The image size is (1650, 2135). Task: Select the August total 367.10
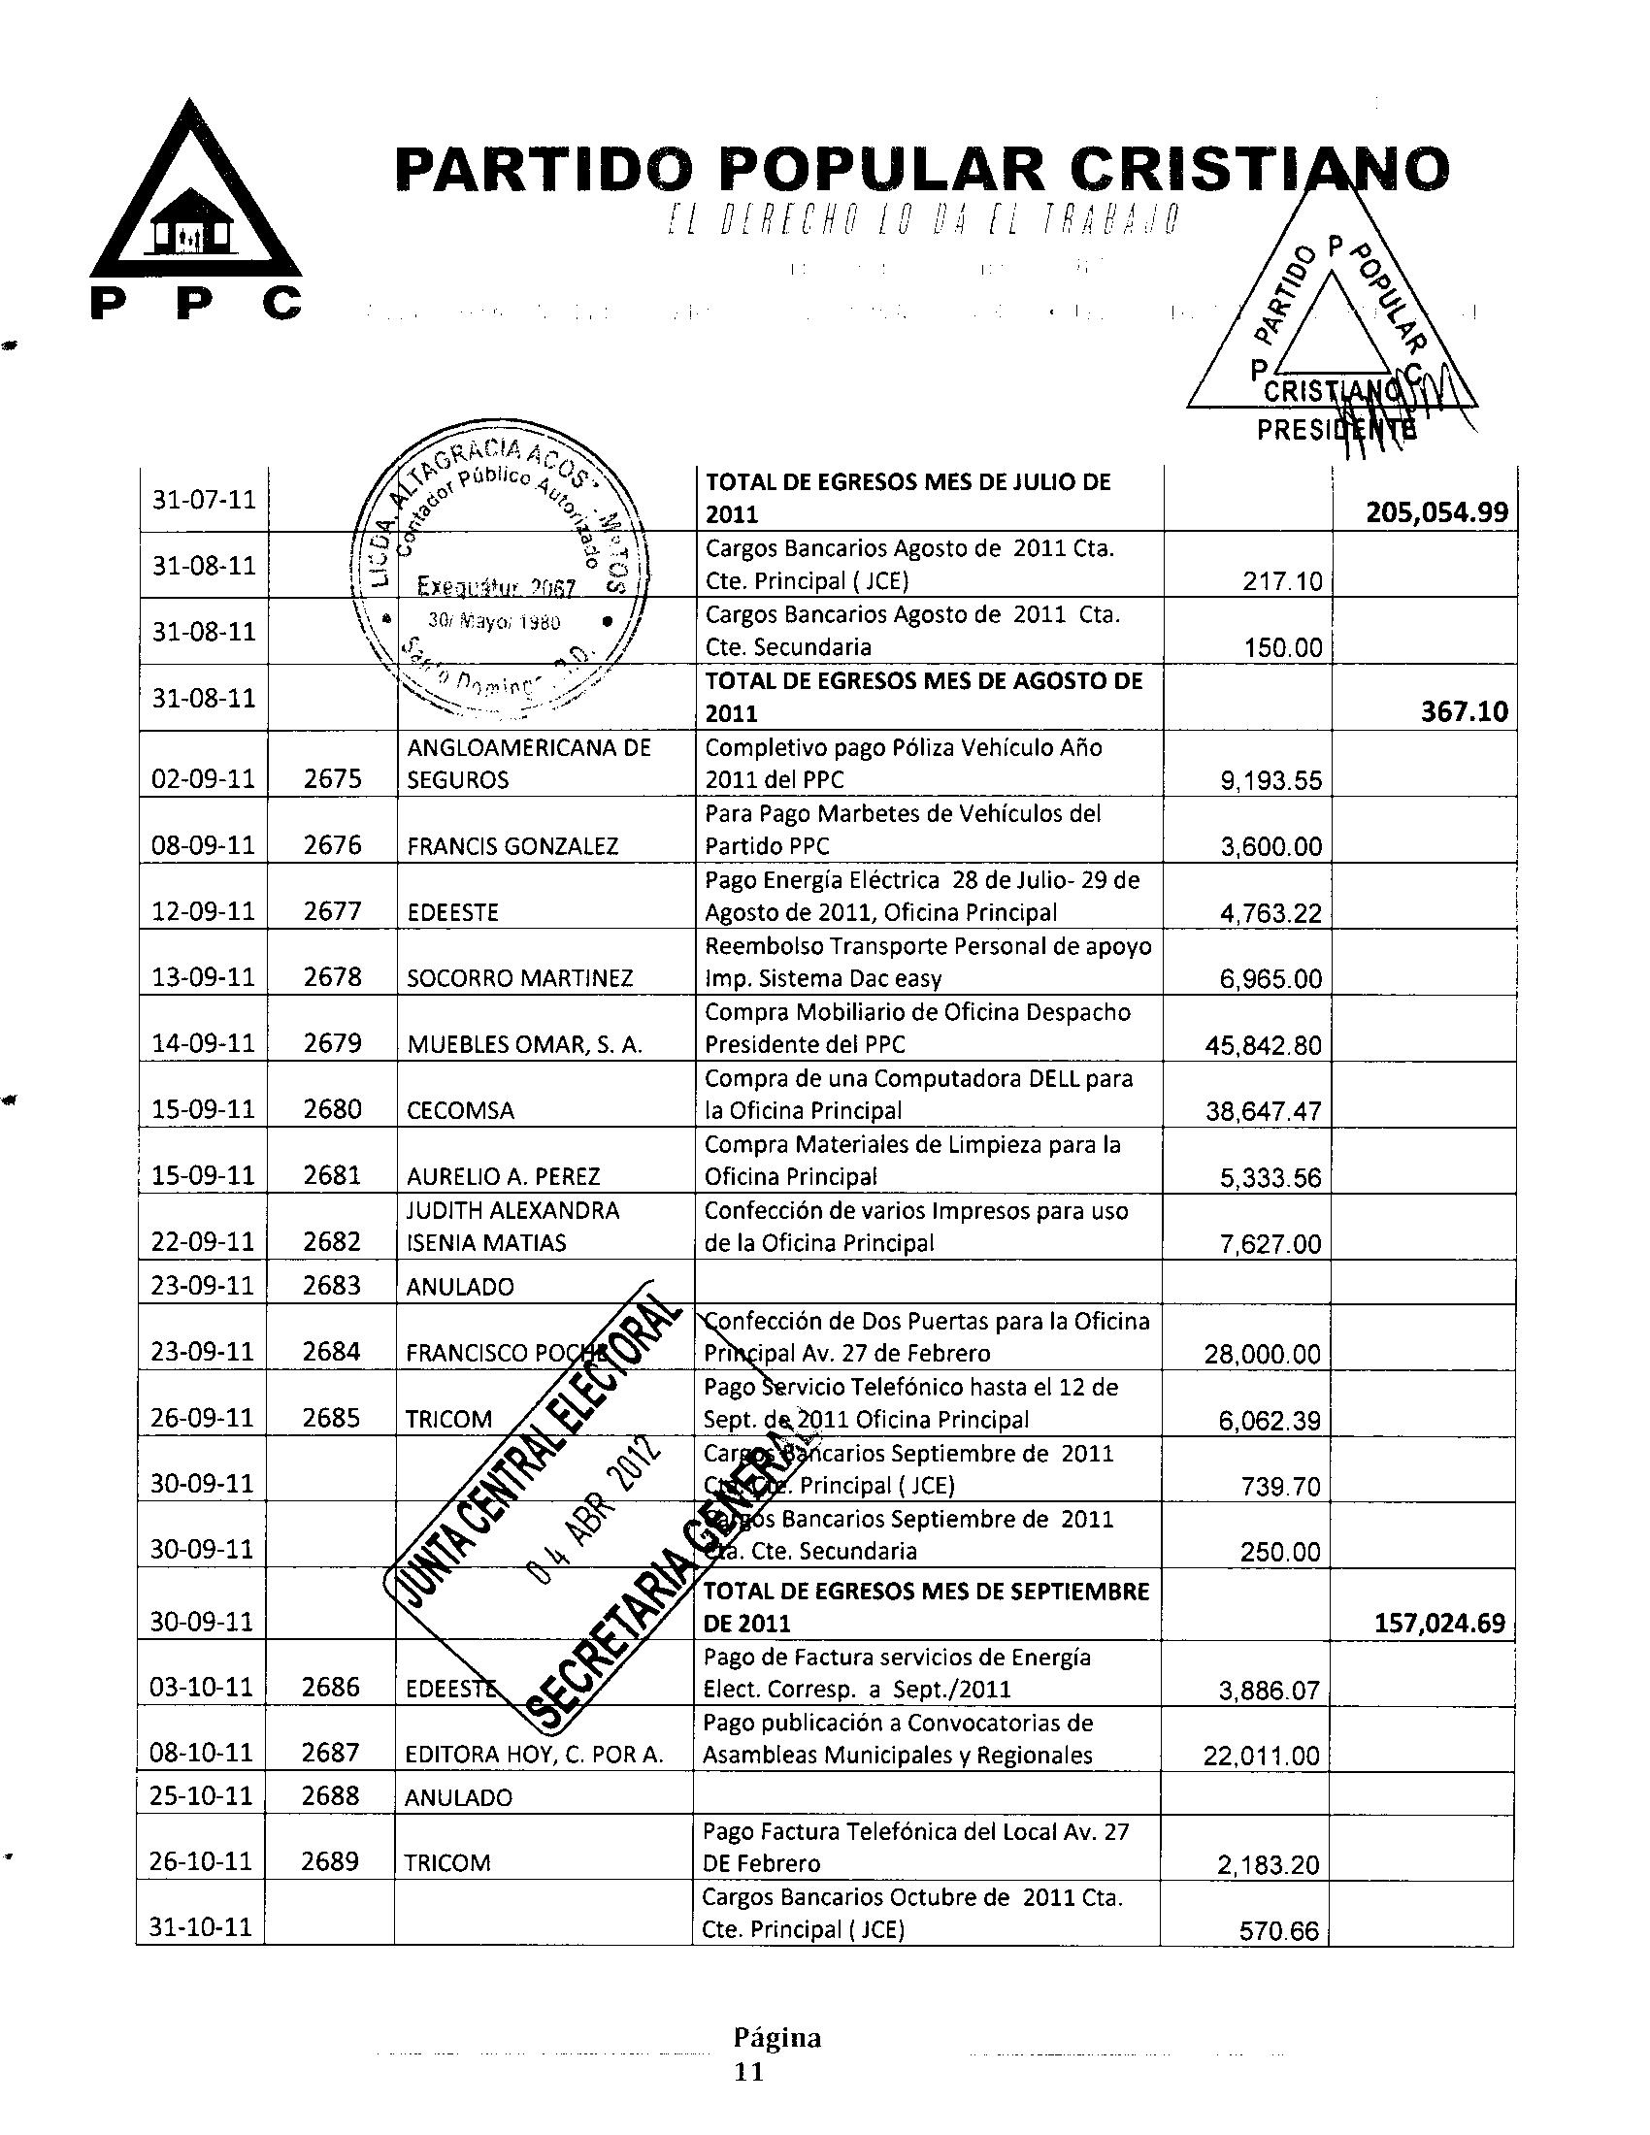tap(1463, 711)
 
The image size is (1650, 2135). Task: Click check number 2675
tap(332, 779)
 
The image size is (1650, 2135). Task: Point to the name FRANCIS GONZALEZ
tap(512, 845)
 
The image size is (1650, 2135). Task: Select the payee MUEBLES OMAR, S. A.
tap(524, 1044)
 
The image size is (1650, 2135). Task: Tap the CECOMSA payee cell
tap(459, 1110)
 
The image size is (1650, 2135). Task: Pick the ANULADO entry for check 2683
tap(459, 1287)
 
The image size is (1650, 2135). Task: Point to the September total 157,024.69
tap(1438, 1624)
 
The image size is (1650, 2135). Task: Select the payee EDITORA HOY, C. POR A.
tap(534, 1755)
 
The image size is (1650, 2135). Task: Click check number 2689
tap(330, 1862)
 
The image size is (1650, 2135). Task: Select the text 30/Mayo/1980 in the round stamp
tap(494, 621)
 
